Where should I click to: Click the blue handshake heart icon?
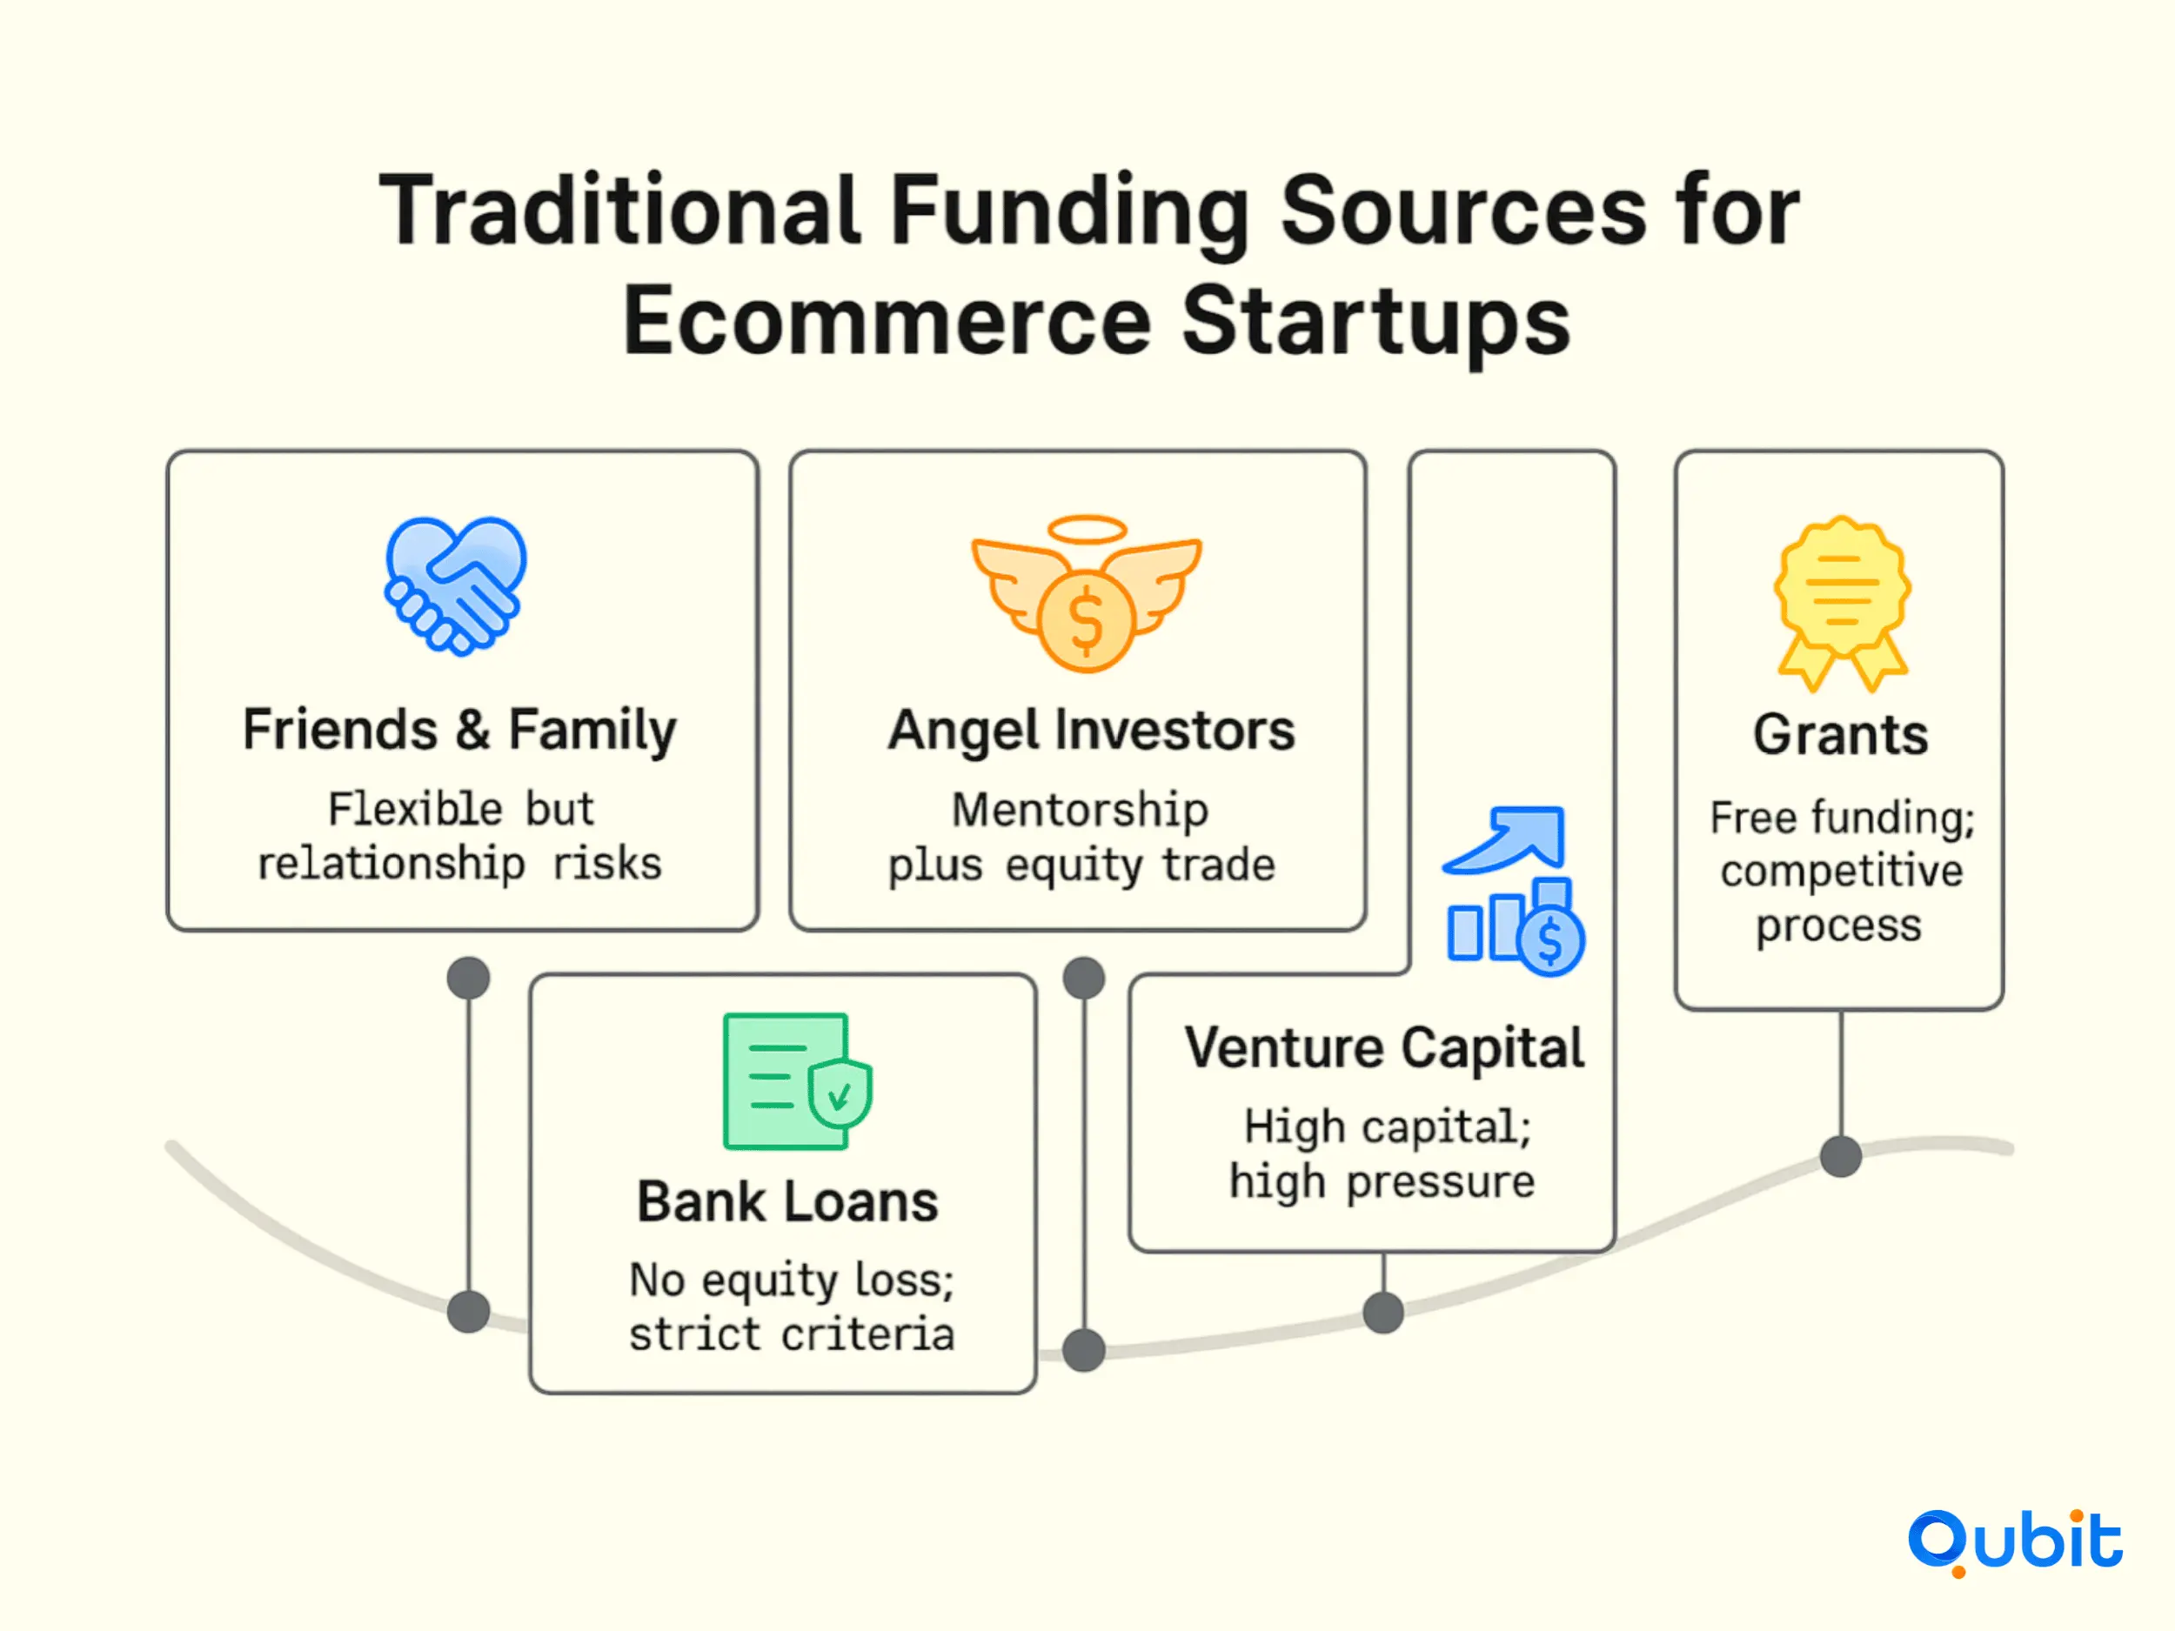click(455, 585)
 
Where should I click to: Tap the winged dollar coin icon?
click(1087, 594)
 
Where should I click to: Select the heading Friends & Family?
click(459, 731)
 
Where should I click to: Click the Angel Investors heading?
click(1092, 732)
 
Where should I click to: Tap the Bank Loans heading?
click(787, 1201)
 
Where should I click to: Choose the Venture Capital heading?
click(1384, 1048)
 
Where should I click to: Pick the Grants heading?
click(1841, 735)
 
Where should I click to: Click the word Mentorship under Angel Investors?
click(1080, 811)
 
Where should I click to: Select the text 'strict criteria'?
click(792, 1334)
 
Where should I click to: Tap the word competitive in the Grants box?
click(1842, 872)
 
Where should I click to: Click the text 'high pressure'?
click(1382, 1181)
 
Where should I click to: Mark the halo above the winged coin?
click(1087, 530)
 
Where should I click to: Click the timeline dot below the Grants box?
click(1841, 1156)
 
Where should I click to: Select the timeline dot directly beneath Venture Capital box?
click(1383, 1313)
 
